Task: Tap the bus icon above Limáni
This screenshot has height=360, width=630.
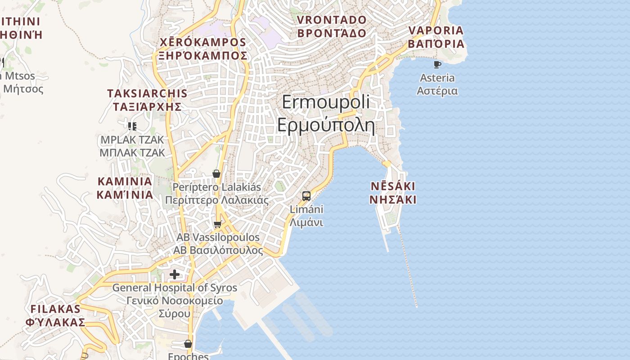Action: coord(306,196)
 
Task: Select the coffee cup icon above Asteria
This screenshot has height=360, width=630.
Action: coord(437,64)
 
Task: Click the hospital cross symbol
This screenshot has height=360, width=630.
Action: coord(175,274)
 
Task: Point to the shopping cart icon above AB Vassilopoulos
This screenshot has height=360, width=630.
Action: coord(218,224)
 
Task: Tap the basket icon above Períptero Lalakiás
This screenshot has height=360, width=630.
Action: coord(216,174)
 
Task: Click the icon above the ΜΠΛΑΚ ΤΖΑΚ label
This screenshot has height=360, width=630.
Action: coord(132,126)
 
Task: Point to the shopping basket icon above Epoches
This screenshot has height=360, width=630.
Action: coord(188,344)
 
